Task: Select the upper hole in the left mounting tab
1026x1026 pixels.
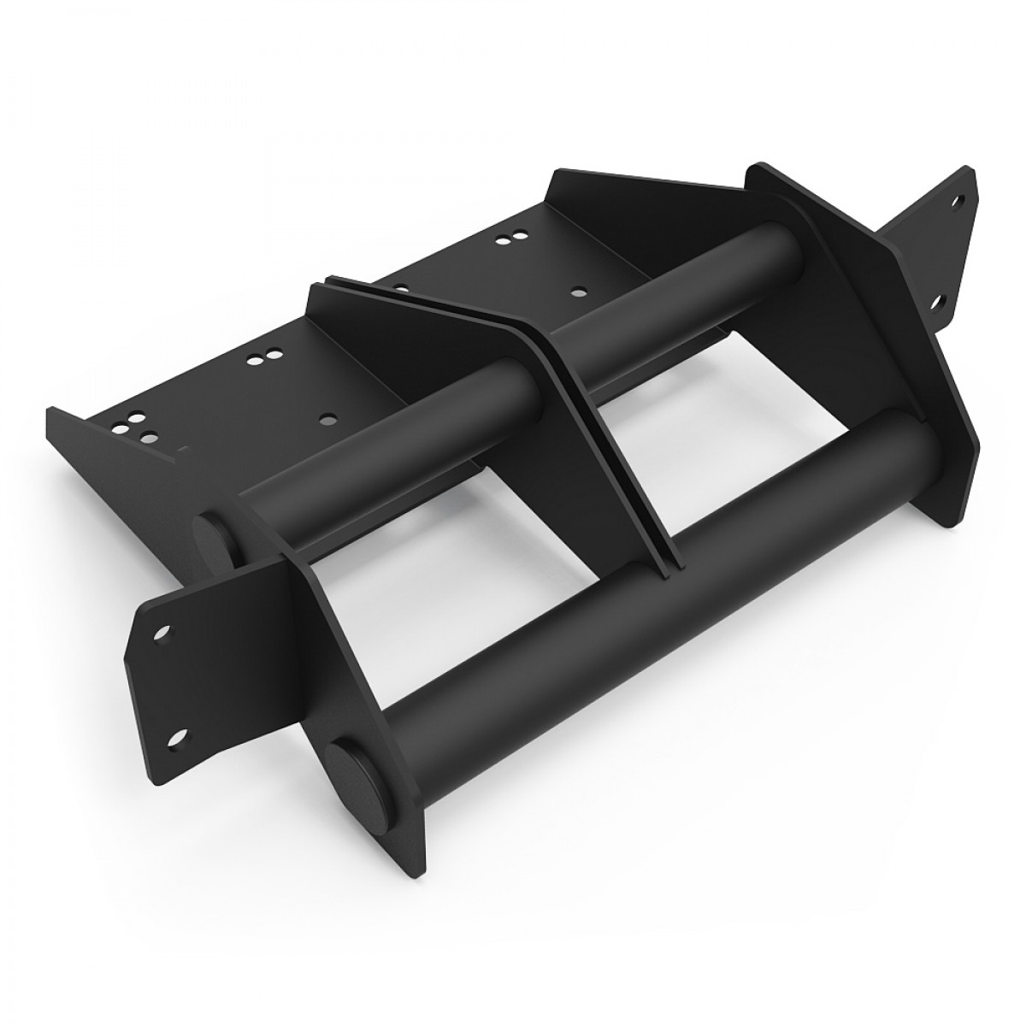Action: point(159,634)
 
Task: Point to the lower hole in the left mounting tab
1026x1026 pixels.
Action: point(178,736)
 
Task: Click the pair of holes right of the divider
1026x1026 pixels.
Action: point(505,240)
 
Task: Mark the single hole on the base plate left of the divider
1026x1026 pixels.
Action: point(325,420)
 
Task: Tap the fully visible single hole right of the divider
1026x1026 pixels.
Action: point(580,290)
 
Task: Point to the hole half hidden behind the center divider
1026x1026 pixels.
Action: point(402,278)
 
